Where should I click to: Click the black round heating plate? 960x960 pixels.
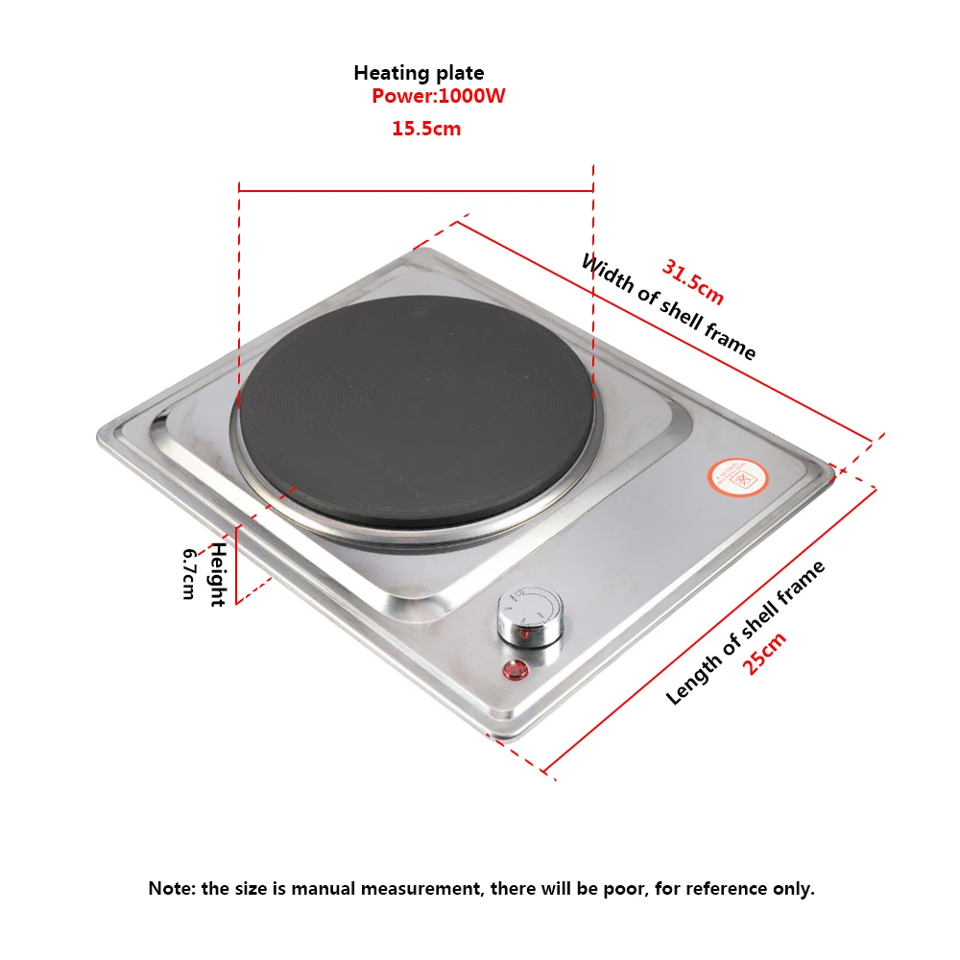tap(415, 408)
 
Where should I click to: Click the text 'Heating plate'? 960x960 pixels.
tap(419, 73)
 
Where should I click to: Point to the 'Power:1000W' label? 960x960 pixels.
tap(439, 96)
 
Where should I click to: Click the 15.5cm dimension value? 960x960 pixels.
tap(426, 129)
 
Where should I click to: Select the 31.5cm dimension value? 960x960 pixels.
tap(692, 283)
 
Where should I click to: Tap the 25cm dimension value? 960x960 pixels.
tap(765, 653)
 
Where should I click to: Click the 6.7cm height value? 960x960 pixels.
tap(189, 574)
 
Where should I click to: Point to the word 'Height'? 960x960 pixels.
tap(218, 574)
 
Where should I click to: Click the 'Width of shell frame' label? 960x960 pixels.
tap(668, 307)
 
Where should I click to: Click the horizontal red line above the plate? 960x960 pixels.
tap(416, 190)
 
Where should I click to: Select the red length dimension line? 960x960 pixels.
tap(710, 629)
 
